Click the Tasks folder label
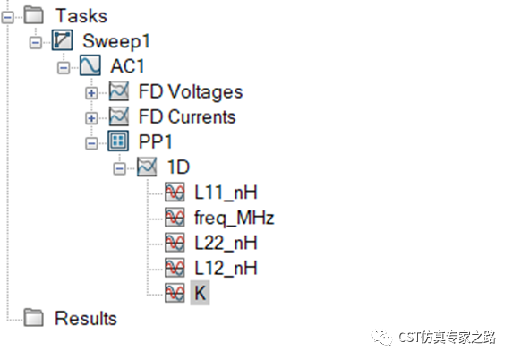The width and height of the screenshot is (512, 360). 81,16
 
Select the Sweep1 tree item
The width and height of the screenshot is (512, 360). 116,41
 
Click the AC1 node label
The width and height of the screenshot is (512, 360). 127,66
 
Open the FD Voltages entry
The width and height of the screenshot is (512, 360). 191,91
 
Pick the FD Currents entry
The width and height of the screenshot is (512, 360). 187,116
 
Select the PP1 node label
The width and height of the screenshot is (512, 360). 155,141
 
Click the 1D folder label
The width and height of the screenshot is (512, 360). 178,167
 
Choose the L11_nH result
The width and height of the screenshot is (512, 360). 226,192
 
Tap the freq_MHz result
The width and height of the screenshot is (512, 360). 235,218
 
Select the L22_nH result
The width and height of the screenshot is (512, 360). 226,243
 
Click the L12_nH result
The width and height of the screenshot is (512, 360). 226,268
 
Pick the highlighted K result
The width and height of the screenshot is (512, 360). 200,293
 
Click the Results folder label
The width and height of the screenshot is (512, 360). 86,318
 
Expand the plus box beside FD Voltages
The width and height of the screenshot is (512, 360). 91,93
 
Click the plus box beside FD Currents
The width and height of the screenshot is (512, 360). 91,118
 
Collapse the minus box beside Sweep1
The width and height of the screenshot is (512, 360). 36,43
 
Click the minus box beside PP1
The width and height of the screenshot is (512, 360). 91,143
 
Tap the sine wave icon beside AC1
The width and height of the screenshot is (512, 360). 90,65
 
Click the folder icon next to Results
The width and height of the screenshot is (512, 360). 34,317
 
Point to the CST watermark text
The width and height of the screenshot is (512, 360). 447,337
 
